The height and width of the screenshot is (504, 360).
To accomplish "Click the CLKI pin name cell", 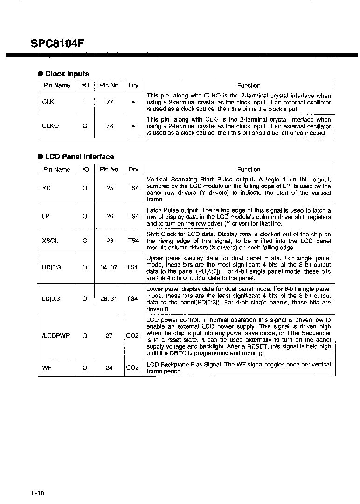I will coord(49,102).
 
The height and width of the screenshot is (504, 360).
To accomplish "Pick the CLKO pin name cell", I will coord(50,126).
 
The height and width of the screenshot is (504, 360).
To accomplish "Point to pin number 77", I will coord(110,102).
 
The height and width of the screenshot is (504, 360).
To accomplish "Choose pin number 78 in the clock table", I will coord(110,126).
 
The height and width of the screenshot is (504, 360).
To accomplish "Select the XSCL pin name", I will coord(50,241).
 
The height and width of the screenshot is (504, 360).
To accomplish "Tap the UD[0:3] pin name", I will coord(52,268).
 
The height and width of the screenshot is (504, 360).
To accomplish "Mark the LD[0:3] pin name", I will coord(52,298).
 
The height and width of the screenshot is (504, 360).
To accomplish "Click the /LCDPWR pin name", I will coord(56,336).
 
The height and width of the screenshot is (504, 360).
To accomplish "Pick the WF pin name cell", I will coord(46,368).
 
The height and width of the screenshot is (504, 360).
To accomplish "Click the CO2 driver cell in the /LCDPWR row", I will coord(133,336).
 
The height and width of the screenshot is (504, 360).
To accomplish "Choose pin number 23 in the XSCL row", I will coord(110,241).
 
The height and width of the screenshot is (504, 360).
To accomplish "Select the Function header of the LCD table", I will coord(249,170).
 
